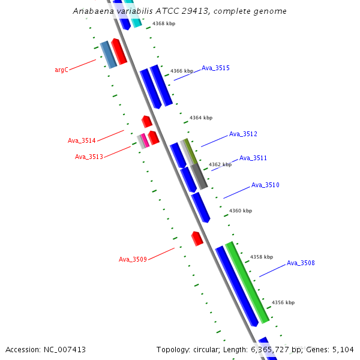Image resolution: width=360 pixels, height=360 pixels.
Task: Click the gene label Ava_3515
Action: coord(215,68)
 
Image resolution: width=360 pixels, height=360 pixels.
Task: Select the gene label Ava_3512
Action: coord(243,134)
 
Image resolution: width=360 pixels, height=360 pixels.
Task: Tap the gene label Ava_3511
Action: coord(253,158)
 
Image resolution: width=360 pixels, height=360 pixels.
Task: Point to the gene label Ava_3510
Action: coord(265,185)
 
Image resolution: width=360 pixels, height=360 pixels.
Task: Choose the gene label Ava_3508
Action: coord(301,263)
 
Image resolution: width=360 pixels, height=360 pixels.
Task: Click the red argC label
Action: coord(61,70)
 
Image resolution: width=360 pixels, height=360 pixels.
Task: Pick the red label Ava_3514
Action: coord(82,141)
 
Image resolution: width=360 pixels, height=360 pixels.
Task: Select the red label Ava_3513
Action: coord(89,157)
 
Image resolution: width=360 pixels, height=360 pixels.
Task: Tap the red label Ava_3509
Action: coord(133,259)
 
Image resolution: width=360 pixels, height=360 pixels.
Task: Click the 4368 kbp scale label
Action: coord(164,23)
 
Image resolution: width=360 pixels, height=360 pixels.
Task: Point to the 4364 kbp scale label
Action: coord(201,118)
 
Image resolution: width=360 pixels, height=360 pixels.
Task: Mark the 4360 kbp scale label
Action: coord(241,211)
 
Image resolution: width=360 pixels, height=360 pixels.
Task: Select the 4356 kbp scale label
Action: coord(283,302)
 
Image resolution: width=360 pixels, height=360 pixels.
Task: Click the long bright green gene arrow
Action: coord(247,282)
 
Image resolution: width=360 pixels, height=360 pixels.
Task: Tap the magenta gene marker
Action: coord(145,140)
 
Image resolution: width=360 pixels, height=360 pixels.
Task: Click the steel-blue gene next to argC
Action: coord(108,55)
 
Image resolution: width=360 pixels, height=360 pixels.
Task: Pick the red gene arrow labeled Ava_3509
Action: coord(197,238)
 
